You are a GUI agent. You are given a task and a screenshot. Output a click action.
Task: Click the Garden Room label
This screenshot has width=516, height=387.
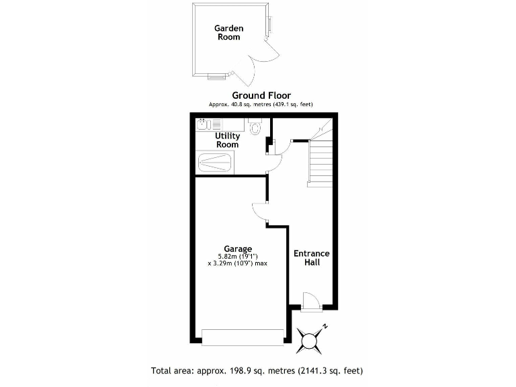228,32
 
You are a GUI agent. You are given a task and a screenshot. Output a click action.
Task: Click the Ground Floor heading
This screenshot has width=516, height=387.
261,95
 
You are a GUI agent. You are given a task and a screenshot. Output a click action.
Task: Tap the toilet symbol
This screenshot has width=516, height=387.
255,126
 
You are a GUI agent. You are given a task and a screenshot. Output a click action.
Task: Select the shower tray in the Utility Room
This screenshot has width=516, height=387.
215,162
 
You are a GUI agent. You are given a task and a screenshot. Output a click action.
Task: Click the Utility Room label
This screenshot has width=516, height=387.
227,140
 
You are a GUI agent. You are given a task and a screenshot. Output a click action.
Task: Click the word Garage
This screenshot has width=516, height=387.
238,249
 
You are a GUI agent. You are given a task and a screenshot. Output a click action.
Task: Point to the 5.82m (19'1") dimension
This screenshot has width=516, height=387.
238,256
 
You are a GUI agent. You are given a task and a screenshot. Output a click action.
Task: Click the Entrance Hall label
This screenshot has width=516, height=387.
312,257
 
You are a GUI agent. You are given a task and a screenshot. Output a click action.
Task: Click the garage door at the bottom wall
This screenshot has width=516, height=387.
243,337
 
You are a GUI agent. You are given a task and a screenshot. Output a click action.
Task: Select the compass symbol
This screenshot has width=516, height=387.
310,339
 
